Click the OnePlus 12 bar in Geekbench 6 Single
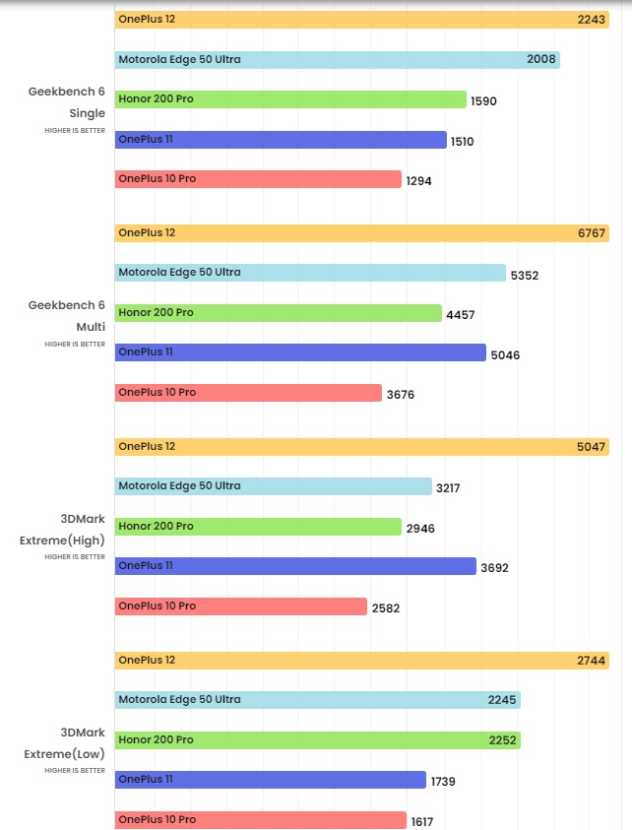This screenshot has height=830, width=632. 361,19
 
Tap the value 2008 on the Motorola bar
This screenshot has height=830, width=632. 541,59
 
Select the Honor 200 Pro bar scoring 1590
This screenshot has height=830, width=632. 290,99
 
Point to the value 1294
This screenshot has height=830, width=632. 418,181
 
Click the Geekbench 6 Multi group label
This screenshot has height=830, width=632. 67,316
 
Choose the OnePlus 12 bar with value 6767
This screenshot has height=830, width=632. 361,232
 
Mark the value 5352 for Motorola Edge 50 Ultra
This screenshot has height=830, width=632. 524,275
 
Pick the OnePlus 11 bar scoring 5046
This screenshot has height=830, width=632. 300,352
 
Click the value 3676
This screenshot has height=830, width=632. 401,394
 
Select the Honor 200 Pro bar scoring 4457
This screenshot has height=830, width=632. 278,313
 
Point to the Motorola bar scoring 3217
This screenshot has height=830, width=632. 273,486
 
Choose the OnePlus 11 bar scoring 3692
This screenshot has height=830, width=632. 295,566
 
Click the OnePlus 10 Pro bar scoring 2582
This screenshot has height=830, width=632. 240,607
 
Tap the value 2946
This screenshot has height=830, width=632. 420,529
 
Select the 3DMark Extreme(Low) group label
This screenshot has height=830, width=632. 65,743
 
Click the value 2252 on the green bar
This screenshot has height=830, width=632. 502,740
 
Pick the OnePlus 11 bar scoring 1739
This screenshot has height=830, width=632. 270,780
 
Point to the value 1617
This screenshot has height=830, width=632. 421,822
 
